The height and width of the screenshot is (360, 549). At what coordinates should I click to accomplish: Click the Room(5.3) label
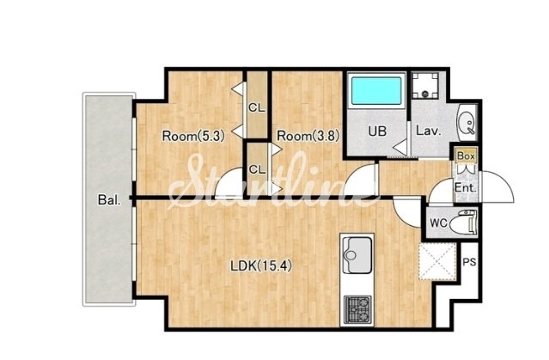point(193,136)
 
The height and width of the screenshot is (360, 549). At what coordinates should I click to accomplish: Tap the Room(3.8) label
point(308,136)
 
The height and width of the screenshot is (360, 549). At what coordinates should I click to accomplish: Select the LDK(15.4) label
point(261,266)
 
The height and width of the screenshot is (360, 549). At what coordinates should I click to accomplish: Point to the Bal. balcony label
point(109,200)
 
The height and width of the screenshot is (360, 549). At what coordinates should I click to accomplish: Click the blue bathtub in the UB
point(376,91)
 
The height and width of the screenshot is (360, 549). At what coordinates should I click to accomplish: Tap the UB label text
point(377,131)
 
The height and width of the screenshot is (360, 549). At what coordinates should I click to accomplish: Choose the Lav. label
point(428,131)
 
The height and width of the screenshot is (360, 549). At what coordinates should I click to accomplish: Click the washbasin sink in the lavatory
point(467,123)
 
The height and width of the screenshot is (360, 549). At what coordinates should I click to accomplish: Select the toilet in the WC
point(463,222)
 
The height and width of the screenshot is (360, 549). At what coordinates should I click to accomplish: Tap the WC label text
point(438,223)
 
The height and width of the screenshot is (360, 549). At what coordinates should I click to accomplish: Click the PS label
point(469,261)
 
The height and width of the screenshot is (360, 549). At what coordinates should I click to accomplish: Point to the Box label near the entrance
point(466,156)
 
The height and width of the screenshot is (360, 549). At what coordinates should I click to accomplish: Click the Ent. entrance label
point(466,188)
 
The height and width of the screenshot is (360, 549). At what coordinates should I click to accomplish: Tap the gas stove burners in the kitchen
point(357,310)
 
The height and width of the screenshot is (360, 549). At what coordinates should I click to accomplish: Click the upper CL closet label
point(257,108)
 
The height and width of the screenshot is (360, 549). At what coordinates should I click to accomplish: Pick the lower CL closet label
point(257,170)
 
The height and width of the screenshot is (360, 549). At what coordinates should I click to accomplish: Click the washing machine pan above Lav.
point(425,85)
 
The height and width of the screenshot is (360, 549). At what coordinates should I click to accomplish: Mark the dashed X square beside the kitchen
point(437,261)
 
